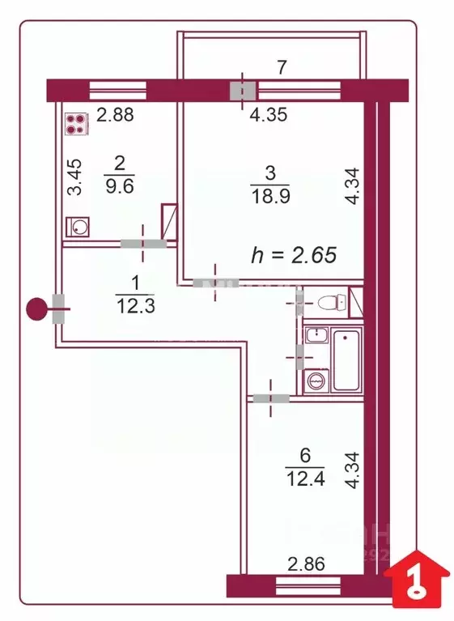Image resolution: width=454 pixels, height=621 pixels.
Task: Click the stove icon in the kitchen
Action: [76, 124]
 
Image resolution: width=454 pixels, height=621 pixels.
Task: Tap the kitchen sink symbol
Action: [78, 226]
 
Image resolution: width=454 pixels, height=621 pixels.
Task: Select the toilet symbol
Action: [331, 304]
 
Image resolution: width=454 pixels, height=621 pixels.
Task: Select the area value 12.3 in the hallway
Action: [134, 305]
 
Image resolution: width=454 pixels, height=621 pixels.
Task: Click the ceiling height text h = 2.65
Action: [294, 255]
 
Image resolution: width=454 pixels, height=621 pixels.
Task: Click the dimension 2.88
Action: [114, 115]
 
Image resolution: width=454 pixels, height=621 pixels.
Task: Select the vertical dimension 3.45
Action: [74, 178]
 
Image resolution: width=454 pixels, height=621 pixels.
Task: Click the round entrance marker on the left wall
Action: [36, 308]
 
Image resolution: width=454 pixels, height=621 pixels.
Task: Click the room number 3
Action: [270, 173]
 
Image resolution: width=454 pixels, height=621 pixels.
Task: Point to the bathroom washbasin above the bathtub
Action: [315, 335]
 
